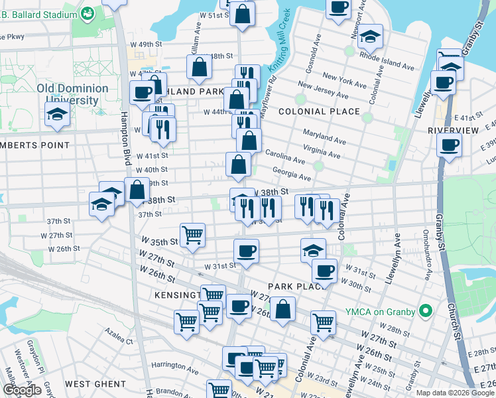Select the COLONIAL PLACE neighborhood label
click(x=319, y=111)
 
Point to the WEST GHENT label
click(x=95, y=384)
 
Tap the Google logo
click(x=22, y=390)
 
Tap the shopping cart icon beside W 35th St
click(x=192, y=235)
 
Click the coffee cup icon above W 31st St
click(x=246, y=251)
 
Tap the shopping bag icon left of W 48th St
click(x=199, y=67)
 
